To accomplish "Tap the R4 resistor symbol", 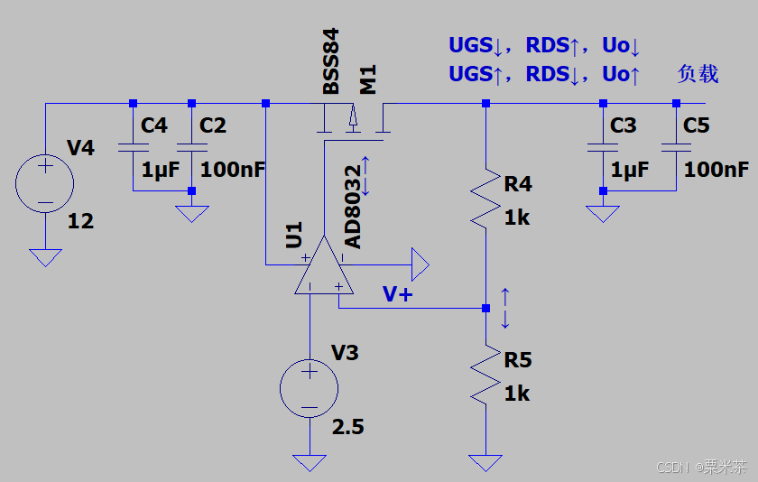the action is [485, 199].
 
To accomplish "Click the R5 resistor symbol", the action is [485, 375].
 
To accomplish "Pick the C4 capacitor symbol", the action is [133, 147].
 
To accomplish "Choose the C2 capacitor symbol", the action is [192, 147].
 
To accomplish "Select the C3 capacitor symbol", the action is [603, 147].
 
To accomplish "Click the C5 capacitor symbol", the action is [676, 147].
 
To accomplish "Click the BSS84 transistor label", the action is [331, 61].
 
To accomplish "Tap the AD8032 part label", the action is [353, 207].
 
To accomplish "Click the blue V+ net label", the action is [397, 294].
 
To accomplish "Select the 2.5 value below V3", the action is [348, 427].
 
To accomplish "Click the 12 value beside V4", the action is [80, 221].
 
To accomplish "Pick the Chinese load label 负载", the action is [698, 74].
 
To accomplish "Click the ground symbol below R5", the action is [485, 463].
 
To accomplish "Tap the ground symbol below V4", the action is [45, 257].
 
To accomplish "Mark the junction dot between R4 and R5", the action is [485, 308].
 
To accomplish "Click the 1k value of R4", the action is [517, 218].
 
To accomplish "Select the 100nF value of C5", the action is [716, 170].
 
